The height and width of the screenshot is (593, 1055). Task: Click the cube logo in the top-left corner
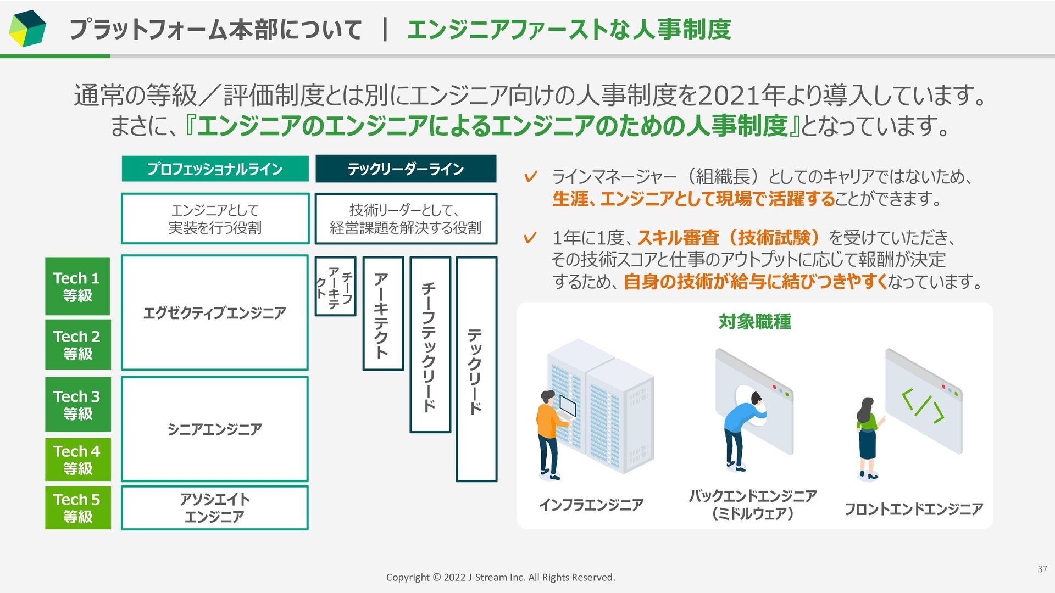tap(27, 28)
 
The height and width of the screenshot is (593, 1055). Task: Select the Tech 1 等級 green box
tap(77, 286)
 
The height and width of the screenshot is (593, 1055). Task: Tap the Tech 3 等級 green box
tap(77, 405)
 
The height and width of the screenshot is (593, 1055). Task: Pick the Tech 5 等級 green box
tap(77, 508)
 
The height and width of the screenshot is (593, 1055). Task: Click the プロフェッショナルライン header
tap(215, 169)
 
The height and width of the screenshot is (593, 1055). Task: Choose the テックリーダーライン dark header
tap(406, 169)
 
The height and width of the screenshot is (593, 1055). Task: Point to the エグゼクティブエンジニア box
tap(215, 312)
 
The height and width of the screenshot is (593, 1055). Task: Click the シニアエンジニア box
tap(215, 429)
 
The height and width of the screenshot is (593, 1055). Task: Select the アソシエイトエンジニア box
tap(215, 508)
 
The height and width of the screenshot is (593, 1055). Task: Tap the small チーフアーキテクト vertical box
tap(335, 286)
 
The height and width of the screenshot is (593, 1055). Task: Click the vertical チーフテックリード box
tap(430, 344)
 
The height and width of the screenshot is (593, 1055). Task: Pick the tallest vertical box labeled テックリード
tap(476, 369)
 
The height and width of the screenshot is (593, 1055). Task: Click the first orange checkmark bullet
tap(530, 177)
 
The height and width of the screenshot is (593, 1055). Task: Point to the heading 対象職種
tap(754, 322)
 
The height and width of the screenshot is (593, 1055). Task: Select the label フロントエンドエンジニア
tap(913, 510)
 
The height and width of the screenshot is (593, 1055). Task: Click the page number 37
tap(1042, 569)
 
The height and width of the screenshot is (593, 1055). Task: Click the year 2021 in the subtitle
tap(726, 96)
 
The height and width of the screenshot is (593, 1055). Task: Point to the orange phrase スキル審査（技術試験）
tap(729, 238)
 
